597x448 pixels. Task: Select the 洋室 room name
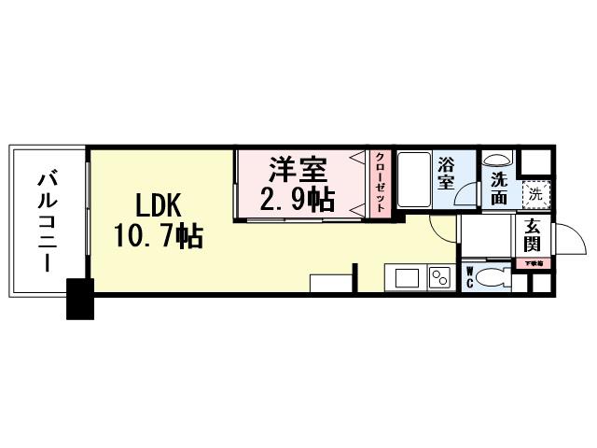point(298,171)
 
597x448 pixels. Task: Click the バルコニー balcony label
point(45,219)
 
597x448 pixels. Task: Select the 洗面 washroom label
point(499,189)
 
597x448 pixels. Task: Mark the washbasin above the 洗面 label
point(498,159)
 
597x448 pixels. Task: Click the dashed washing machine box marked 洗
point(535,194)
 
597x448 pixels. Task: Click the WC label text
point(471,277)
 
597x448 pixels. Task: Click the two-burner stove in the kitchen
point(437,278)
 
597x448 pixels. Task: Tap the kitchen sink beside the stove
point(407,278)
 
